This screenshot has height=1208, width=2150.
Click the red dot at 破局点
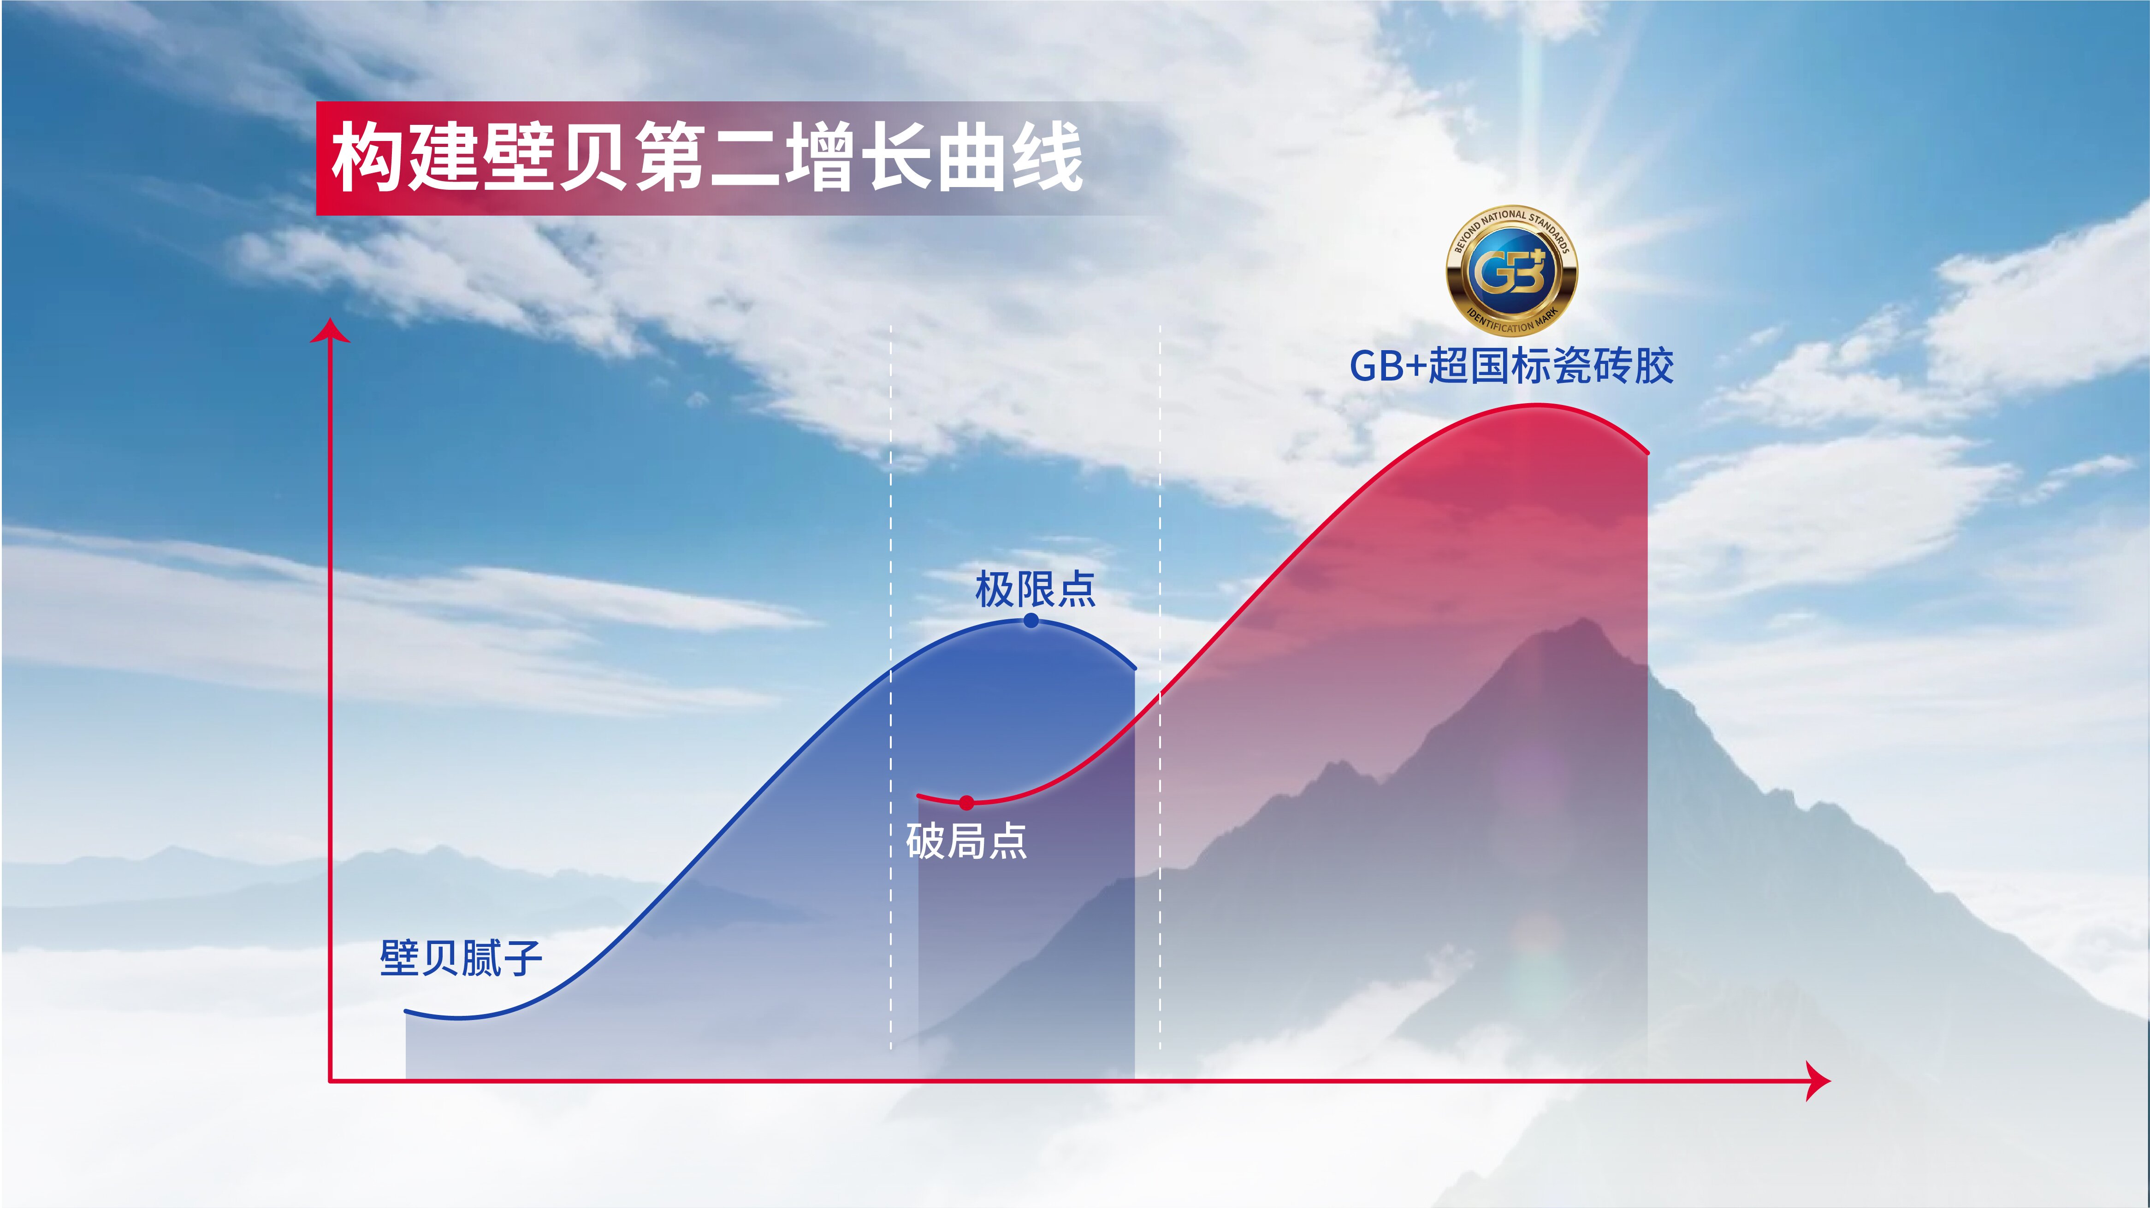tap(966, 803)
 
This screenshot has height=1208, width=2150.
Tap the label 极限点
tap(1035, 589)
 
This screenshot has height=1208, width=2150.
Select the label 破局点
tap(966, 841)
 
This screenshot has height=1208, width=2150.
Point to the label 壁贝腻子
tap(461, 958)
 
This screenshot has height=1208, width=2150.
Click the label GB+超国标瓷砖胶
tap(1511, 366)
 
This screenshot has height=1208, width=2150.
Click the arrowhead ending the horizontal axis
tap(1818, 1081)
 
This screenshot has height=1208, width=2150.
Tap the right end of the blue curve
tap(1134, 668)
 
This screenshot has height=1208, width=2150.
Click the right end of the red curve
tap(1647, 453)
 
